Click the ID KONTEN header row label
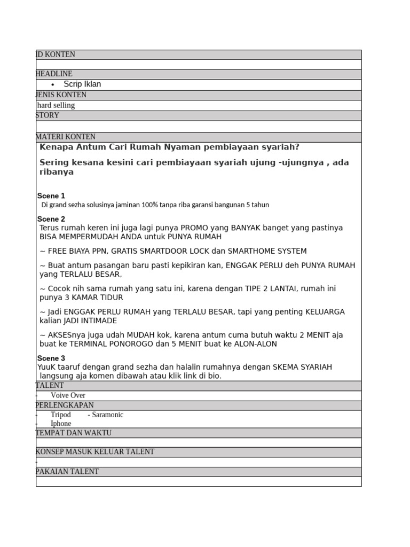[56, 54]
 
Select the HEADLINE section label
[54, 74]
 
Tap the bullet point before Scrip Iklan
[52, 85]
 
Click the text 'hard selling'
[56, 105]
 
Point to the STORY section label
[48, 115]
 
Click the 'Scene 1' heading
[51, 196]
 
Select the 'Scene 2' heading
[51, 219]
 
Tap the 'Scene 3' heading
[51, 358]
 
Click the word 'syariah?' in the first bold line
[281, 147]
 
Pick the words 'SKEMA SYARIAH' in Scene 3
[302, 367]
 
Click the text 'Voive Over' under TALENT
[68, 395]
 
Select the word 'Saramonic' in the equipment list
[107, 415]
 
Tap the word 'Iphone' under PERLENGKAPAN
[61, 424]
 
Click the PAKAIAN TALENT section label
[67, 472]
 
